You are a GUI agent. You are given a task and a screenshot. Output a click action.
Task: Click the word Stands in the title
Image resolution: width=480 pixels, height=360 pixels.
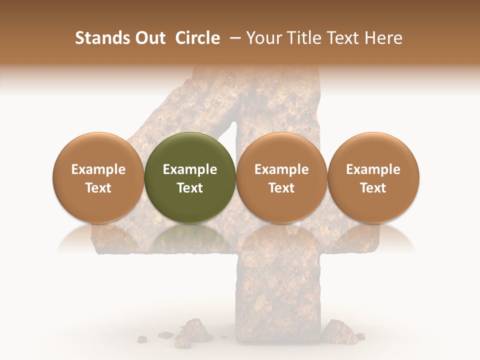point(102,38)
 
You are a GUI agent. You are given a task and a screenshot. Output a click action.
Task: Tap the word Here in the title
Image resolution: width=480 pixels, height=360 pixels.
point(383,38)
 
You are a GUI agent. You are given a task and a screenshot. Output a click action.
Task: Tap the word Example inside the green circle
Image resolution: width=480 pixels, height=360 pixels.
point(190,169)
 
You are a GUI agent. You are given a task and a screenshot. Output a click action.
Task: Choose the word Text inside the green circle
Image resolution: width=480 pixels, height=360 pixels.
point(190,188)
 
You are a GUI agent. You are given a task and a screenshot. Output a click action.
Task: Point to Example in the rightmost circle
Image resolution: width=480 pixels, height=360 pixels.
point(373,169)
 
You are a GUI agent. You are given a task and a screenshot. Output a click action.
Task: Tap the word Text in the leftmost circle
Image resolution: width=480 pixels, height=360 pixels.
point(98,188)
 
